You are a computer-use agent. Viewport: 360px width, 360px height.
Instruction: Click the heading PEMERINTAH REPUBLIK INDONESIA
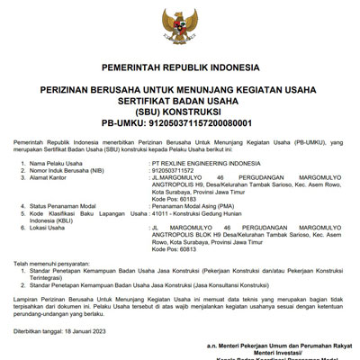181,67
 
